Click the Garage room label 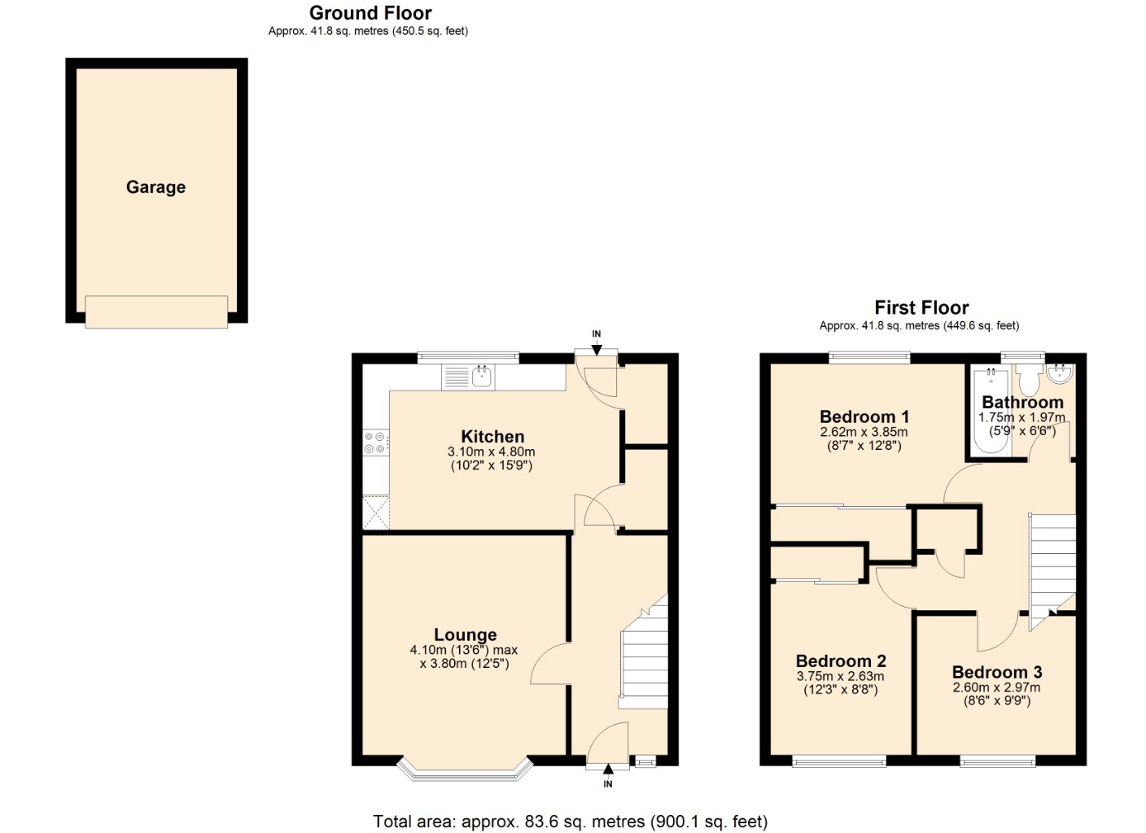[x=155, y=187]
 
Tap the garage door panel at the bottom [x=156, y=312]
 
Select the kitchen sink [x=482, y=377]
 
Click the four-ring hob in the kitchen [x=375, y=443]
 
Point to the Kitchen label [x=492, y=437]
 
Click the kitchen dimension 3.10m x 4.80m [x=492, y=452]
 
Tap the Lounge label [x=465, y=635]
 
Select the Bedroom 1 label [x=864, y=416]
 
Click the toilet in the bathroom [x=1029, y=381]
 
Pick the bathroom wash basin [x=1061, y=373]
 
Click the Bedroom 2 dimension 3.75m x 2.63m [x=840, y=677]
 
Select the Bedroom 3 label [x=997, y=672]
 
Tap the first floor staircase [x=1053, y=565]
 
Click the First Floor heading [x=921, y=307]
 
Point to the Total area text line [x=570, y=822]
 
